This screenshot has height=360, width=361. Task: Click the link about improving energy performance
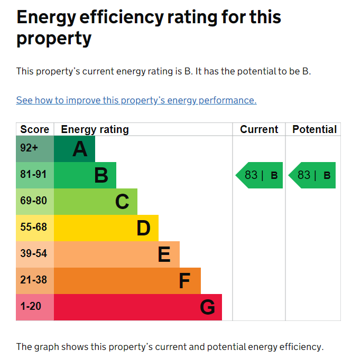(x=136, y=100)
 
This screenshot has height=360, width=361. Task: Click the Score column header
(x=35, y=129)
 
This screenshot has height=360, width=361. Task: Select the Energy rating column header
(x=95, y=129)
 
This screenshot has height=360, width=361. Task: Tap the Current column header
(x=259, y=129)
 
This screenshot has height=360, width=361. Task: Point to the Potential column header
(x=314, y=129)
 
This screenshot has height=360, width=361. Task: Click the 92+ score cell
(x=35, y=149)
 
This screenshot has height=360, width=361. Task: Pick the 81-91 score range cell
(x=35, y=175)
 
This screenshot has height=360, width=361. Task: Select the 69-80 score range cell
(x=35, y=202)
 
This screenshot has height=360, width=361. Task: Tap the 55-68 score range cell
(x=35, y=228)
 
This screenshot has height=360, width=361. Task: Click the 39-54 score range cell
(x=35, y=254)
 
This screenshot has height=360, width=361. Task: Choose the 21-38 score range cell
(x=35, y=281)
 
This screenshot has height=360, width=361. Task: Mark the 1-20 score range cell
(x=35, y=307)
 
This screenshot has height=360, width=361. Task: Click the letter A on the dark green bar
(x=80, y=149)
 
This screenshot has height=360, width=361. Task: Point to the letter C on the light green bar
(x=122, y=202)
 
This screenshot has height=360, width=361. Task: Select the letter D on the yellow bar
(x=143, y=228)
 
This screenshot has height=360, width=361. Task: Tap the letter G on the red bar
(x=207, y=307)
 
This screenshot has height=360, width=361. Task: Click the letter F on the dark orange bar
(x=184, y=281)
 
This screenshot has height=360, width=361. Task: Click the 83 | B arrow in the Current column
(x=259, y=175)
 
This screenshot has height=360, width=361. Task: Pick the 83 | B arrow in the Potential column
(x=312, y=175)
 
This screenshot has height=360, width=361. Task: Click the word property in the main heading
(x=54, y=39)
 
